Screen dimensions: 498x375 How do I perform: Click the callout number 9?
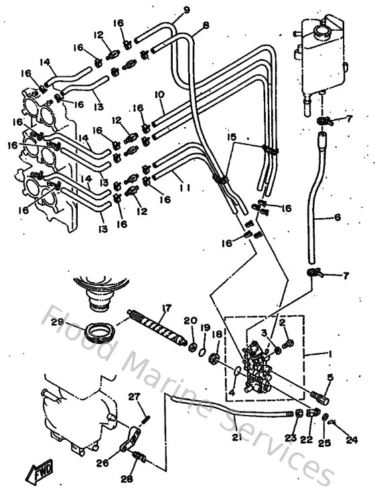pos(167,9)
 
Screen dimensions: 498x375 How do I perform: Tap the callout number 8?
pos(206,25)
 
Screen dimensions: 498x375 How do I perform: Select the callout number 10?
pos(159,96)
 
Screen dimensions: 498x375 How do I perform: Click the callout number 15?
pos(232,137)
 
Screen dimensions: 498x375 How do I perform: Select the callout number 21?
pos(236,438)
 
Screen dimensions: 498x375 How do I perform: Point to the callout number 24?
pos(351,440)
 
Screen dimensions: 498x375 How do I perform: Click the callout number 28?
pos(127,479)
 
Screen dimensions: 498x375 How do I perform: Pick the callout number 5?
pos(329,378)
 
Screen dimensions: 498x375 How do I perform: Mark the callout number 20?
pos(190,321)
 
